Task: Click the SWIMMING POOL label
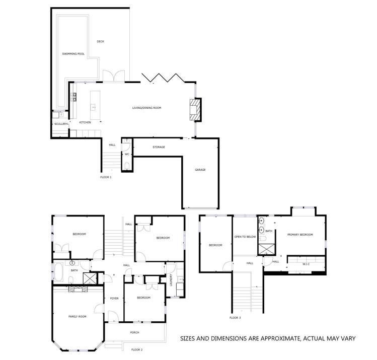click(x=72, y=54)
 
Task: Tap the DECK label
click(x=100, y=42)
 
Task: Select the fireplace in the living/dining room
click(x=194, y=109)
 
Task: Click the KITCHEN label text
click(x=85, y=122)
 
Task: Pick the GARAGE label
click(x=200, y=170)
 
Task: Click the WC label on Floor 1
click(x=127, y=154)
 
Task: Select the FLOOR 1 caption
click(x=106, y=177)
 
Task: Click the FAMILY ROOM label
click(x=78, y=316)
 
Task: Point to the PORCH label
click(x=134, y=332)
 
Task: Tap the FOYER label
click(x=114, y=298)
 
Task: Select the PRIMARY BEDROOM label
click(x=300, y=235)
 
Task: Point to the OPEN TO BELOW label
click(x=245, y=236)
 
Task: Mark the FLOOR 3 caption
click(x=235, y=318)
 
